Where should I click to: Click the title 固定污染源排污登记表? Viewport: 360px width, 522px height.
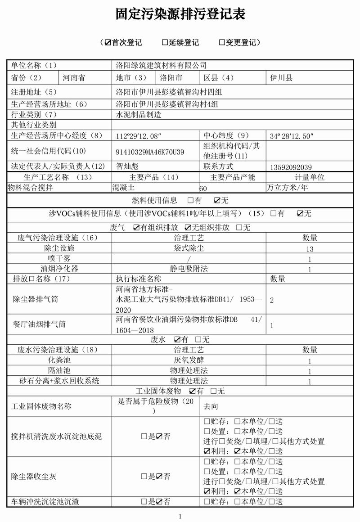(x=180, y=15)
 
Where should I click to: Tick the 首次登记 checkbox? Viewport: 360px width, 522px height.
(x=108, y=42)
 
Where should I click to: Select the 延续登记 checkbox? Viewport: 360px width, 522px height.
(x=165, y=42)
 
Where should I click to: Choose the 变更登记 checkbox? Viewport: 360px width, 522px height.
(x=222, y=42)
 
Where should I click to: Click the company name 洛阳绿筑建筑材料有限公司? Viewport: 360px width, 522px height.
(x=161, y=66)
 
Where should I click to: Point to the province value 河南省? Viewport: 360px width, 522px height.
(x=74, y=78)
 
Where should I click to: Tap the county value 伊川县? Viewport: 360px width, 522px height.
(x=282, y=78)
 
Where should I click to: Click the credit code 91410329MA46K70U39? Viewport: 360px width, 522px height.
(x=150, y=152)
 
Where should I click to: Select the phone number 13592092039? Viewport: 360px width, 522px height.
(x=291, y=167)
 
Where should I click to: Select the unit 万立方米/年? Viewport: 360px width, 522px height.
(x=287, y=188)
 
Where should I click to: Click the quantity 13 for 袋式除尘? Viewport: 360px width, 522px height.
(x=310, y=249)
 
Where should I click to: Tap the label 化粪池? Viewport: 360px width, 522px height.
(x=59, y=360)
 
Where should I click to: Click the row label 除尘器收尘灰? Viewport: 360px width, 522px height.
(x=34, y=476)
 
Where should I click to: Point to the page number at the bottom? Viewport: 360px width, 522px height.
(x=180, y=516)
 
